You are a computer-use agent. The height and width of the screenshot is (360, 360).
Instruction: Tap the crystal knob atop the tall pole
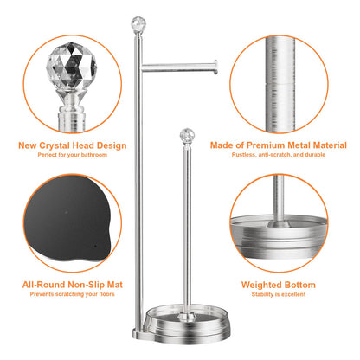point(136,21)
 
